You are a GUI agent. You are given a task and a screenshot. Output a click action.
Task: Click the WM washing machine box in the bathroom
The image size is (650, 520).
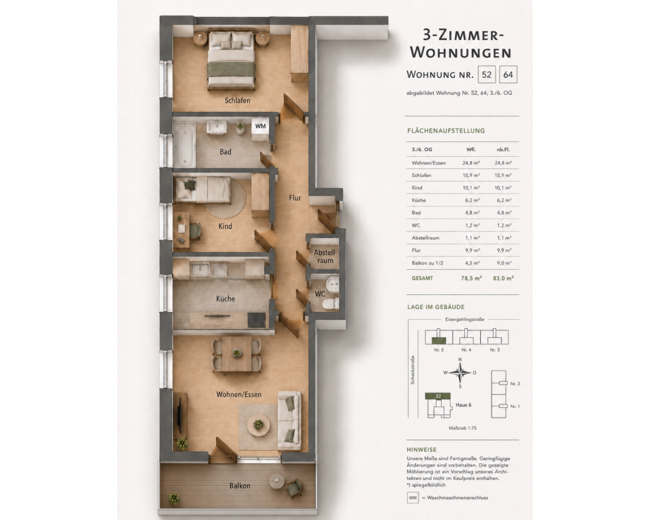tap(261, 126)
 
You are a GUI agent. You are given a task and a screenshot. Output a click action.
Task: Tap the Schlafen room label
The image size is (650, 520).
tap(237, 101)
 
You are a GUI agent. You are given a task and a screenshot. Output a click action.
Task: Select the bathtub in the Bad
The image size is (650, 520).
tap(184, 145)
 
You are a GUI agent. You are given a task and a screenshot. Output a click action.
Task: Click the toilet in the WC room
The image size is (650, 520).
tap(330, 303)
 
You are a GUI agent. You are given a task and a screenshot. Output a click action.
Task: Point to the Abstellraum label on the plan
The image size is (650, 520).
tap(326, 256)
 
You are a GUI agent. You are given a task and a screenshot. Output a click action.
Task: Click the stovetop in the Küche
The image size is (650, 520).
tap(257, 320)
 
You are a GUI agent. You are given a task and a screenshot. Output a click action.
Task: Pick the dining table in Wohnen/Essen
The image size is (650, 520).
tap(237, 354)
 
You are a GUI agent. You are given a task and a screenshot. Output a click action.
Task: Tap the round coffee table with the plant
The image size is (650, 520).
tap(258, 425)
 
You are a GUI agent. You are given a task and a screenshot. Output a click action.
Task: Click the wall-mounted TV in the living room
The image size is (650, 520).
tap(179, 415)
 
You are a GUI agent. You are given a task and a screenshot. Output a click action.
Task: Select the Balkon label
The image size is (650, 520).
tap(240, 486)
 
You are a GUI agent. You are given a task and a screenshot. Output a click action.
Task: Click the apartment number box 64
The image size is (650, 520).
tap(508, 75)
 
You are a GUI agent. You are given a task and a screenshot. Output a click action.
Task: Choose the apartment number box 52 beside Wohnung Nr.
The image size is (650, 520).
tap(486, 75)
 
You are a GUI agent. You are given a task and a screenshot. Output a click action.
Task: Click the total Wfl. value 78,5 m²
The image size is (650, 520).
tap(471, 278)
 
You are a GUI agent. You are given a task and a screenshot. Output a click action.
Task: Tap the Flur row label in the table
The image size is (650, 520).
tap(416, 250)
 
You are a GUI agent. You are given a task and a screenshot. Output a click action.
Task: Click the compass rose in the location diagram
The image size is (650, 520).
tap(460, 373)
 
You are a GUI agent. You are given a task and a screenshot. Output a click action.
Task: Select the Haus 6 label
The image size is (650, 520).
tap(463, 405)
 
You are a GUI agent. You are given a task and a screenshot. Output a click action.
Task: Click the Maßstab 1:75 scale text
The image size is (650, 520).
tap(463, 428)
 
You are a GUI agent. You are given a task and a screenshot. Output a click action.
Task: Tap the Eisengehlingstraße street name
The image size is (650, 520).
tap(465, 320)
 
